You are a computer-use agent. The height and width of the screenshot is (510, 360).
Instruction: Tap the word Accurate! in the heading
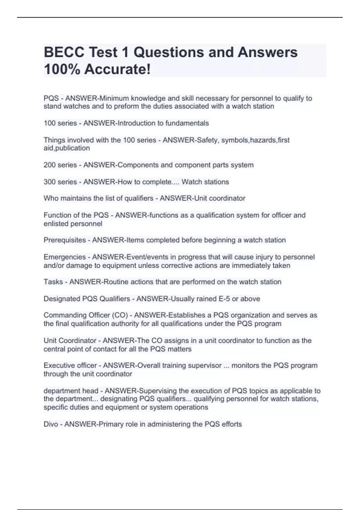point(117,69)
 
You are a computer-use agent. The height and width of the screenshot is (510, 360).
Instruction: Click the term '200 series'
point(60,165)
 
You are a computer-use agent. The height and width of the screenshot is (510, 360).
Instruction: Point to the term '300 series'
point(60,182)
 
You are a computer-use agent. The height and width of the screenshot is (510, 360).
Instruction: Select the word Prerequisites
point(64,240)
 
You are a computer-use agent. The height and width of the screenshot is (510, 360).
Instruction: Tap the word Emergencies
point(64,257)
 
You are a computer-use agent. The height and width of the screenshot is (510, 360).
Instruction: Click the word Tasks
point(53,282)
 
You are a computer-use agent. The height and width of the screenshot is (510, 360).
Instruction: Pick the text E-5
point(223,299)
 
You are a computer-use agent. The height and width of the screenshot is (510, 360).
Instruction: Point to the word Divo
point(51,424)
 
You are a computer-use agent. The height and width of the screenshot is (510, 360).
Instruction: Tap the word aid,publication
point(67,148)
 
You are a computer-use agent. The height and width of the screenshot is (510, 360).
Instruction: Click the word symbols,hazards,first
point(255,140)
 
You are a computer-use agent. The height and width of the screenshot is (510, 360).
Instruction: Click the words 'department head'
point(71,391)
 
